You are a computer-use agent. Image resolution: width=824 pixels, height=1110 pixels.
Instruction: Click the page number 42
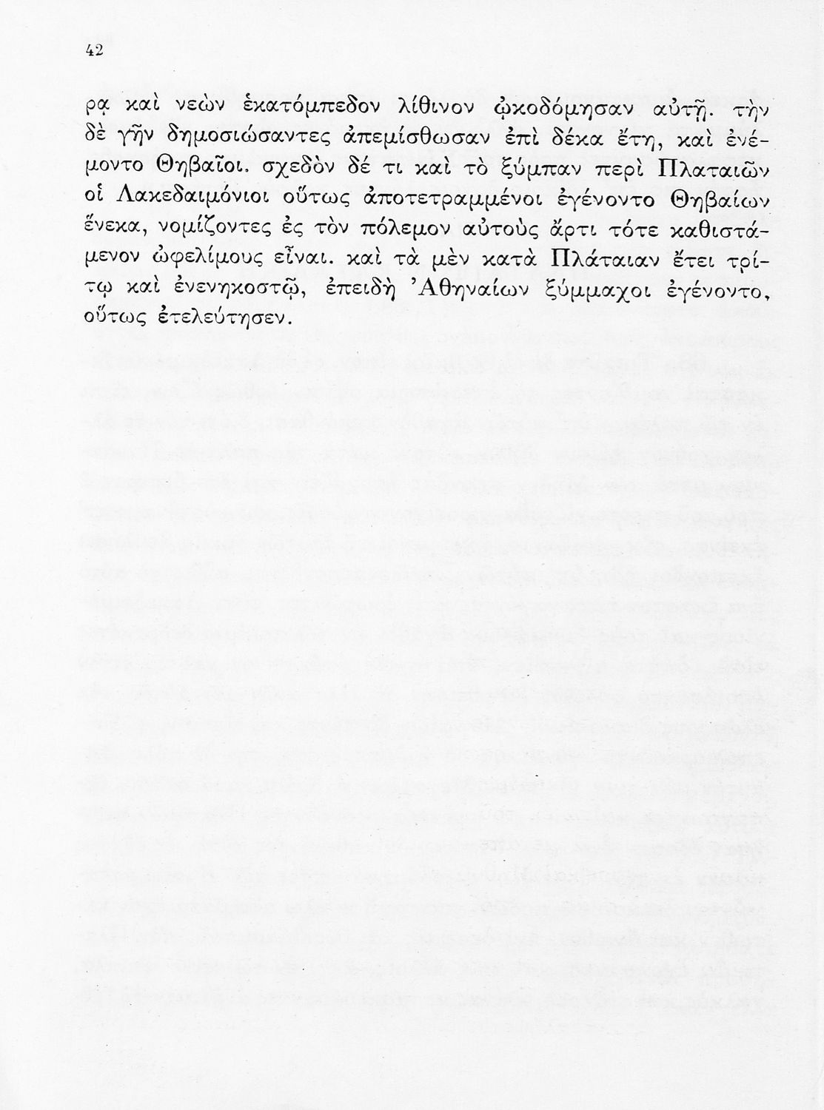click(x=93, y=51)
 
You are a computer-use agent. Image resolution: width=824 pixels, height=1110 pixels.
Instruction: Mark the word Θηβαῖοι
click(x=201, y=173)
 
